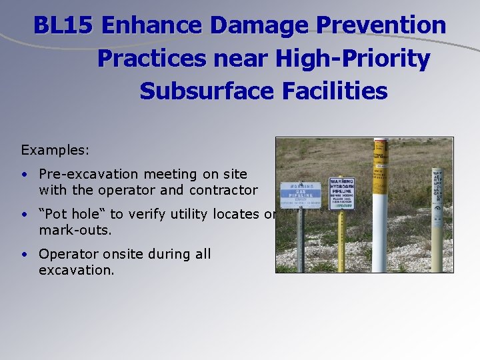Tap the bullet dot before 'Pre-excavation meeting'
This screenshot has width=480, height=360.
(23, 175)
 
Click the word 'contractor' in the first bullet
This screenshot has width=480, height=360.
(223, 190)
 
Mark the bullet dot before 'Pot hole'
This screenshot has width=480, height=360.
(23, 215)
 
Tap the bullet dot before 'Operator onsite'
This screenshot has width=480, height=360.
(23, 255)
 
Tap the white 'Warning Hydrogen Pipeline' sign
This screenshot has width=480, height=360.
(341, 193)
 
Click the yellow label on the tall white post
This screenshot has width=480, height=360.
(380, 164)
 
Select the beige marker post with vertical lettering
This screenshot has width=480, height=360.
(437, 220)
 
